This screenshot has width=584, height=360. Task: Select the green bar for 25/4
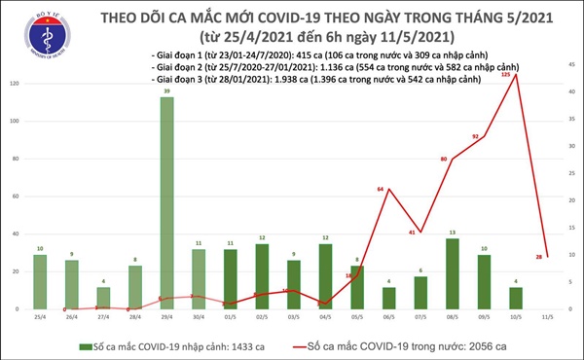click(x=40, y=282)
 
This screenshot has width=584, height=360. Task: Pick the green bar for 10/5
click(x=515, y=298)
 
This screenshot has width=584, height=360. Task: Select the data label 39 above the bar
click(x=167, y=90)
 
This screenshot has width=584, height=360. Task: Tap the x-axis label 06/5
click(x=388, y=316)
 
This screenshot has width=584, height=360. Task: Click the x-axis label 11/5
click(x=547, y=316)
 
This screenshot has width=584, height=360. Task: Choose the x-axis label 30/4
click(x=199, y=316)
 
